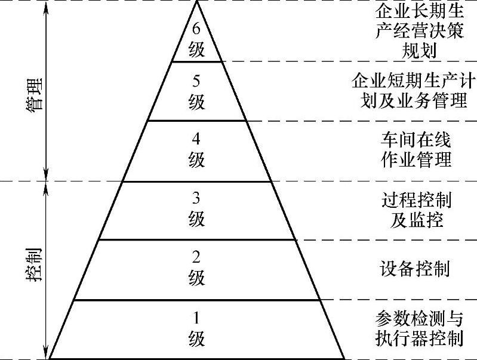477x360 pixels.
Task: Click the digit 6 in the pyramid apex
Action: (x=197, y=27)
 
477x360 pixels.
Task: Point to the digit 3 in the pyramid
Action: (x=197, y=199)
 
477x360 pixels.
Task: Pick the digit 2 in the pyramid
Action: (x=197, y=257)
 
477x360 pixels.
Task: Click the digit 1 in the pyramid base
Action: (x=197, y=317)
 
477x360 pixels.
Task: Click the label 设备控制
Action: (x=414, y=269)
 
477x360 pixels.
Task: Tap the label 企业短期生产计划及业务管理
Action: (x=410, y=90)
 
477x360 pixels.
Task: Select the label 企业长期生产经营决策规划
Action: (x=420, y=30)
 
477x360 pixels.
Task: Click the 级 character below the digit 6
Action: (x=197, y=48)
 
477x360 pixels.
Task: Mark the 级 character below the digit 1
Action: (x=197, y=339)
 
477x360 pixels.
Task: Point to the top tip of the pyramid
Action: (x=198, y=2)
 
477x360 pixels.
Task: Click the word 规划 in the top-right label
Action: (x=420, y=50)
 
